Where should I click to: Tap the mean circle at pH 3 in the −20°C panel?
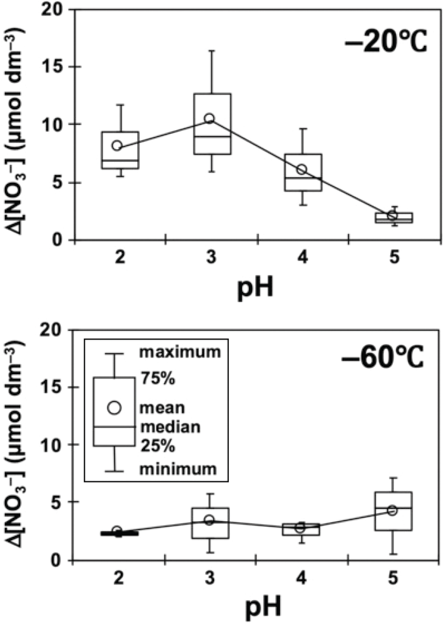point(210,118)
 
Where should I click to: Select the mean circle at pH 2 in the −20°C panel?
point(117,145)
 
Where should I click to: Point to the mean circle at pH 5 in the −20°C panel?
point(392,215)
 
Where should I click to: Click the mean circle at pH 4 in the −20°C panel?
point(301,169)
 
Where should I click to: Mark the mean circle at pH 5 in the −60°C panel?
point(392,510)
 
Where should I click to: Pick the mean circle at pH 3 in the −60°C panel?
point(210,520)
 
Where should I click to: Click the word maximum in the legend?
point(179,352)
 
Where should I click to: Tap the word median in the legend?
point(170,427)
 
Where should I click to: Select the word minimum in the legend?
point(177,469)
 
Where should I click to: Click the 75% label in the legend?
point(158,379)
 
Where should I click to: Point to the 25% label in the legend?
point(158,447)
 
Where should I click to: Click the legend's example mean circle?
point(114,408)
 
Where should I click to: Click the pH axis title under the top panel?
point(255,286)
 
